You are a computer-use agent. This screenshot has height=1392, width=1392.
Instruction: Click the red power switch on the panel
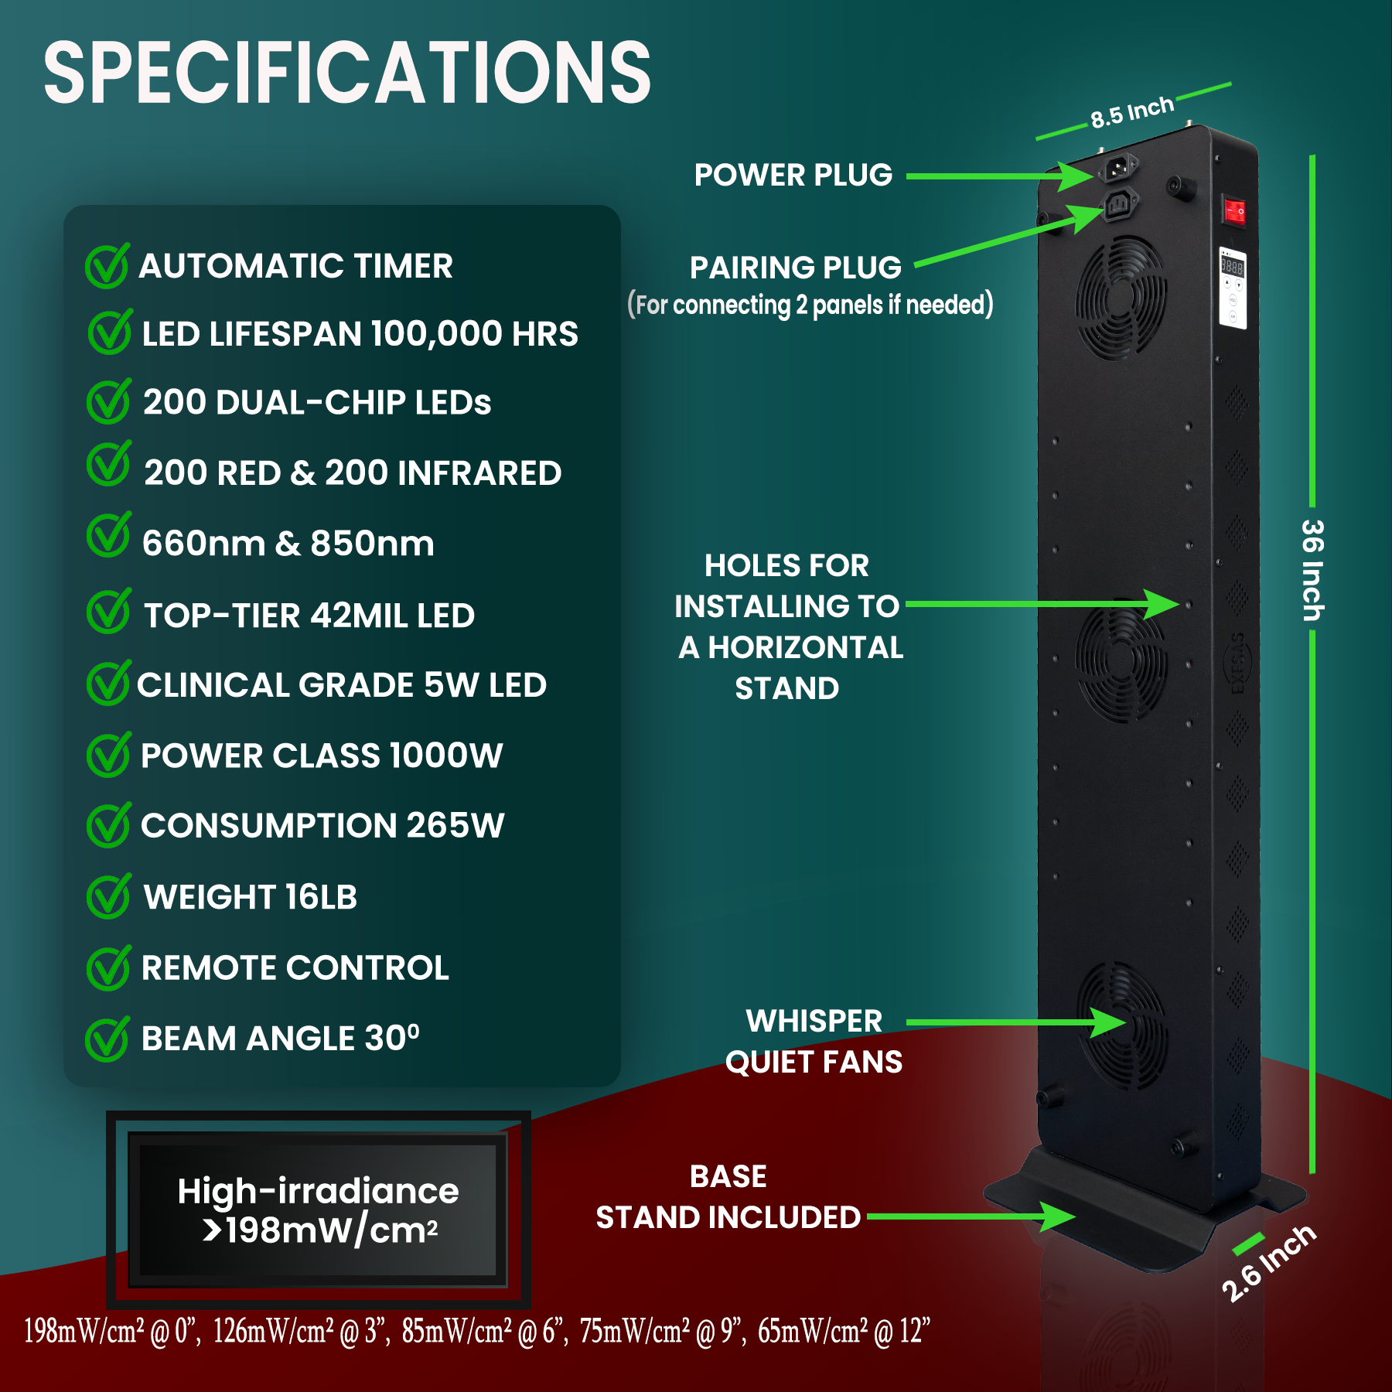point(1234,210)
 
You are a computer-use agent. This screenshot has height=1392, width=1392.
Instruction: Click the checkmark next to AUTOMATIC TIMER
point(107,266)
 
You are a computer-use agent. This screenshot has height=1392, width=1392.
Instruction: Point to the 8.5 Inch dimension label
point(1132,113)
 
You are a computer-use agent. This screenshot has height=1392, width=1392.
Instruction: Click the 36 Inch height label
point(1312,570)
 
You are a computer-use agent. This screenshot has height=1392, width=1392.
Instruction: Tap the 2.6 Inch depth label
point(1268,1262)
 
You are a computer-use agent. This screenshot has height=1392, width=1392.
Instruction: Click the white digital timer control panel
point(1233,288)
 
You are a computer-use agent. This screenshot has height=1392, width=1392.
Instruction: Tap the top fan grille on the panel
point(1121,299)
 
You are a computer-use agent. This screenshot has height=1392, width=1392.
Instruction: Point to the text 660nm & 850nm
point(288,544)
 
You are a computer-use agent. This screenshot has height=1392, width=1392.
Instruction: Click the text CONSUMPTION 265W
point(322,826)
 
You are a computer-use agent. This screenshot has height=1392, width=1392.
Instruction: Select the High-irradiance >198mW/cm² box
point(318,1210)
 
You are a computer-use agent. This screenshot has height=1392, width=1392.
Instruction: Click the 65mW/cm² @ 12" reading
point(844,1332)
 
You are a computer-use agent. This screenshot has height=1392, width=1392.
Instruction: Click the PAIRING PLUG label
point(796,268)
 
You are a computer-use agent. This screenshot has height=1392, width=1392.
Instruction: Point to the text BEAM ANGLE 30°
point(280,1039)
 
